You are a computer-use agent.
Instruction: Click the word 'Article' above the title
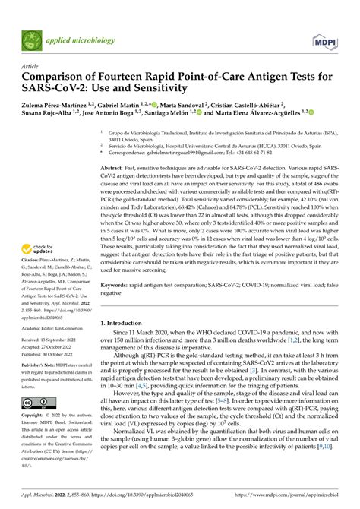click(x=30, y=66)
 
